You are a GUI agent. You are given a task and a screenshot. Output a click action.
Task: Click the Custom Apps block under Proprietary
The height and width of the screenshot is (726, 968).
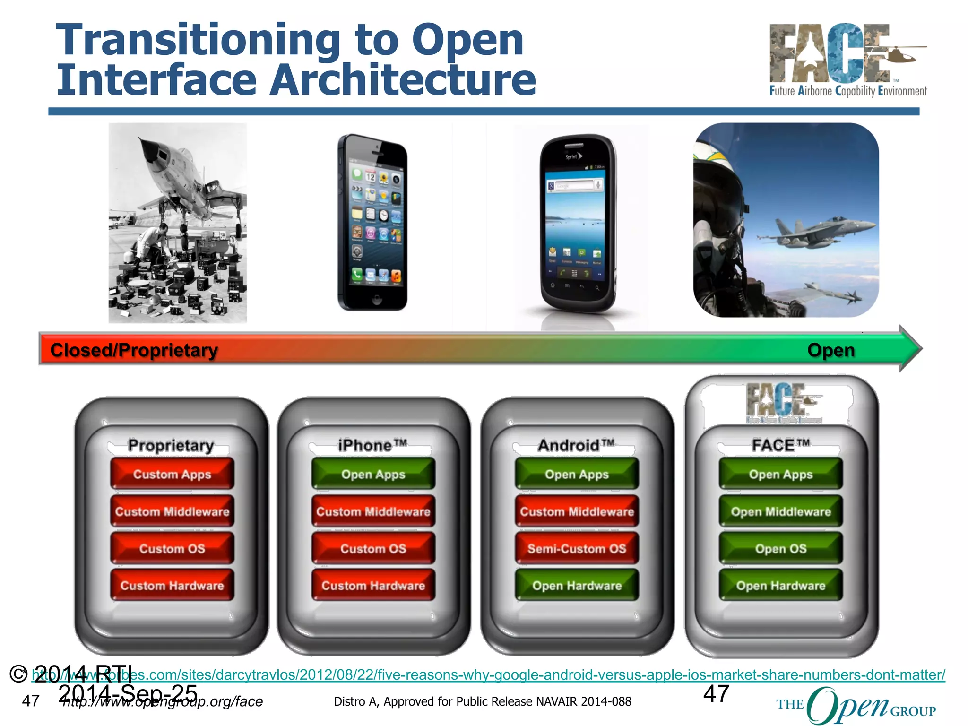click(172, 474)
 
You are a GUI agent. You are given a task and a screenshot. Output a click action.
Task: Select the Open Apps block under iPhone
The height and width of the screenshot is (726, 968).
click(373, 474)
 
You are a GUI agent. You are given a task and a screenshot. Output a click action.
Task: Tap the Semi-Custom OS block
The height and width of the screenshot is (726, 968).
click(577, 548)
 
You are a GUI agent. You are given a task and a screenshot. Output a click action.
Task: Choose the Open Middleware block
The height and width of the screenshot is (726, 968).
click(781, 511)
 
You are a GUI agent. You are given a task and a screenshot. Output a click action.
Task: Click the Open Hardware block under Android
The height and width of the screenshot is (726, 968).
click(577, 585)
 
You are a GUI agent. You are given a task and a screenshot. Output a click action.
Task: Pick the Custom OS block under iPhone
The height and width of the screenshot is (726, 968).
click(373, 548)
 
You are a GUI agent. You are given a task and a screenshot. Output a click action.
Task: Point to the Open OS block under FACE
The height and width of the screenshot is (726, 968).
click(781, 548)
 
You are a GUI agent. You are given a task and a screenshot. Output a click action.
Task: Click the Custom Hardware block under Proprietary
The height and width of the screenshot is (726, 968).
click(172, 585)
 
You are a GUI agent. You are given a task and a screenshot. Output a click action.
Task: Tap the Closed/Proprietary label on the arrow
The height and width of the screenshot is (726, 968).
click(134, 350)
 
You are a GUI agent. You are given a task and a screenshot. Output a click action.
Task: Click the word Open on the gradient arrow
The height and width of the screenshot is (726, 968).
click(831, 350)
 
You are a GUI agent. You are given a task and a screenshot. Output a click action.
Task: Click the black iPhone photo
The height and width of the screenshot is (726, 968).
click(372, 222)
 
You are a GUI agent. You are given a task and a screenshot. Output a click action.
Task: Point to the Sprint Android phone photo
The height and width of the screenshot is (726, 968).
click(578, 225)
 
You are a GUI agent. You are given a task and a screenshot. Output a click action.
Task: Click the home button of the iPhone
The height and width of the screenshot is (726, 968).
click(377, 299)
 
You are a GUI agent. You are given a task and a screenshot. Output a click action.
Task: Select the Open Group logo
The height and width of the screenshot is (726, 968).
click(856, 705)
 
